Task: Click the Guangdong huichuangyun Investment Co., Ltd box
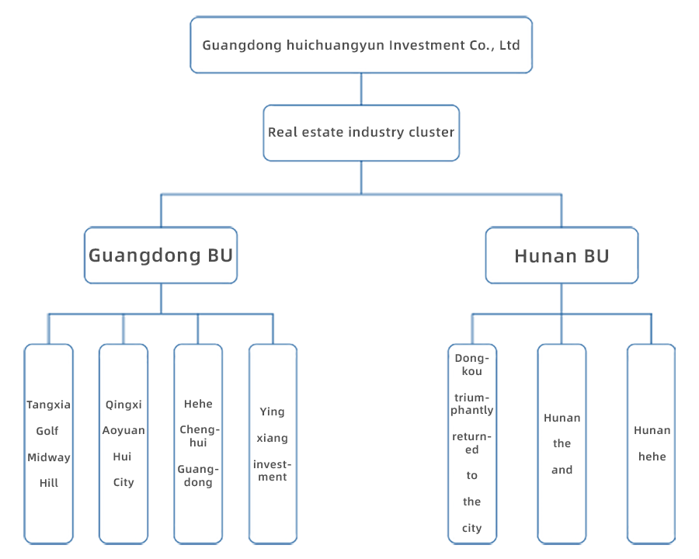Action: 361,44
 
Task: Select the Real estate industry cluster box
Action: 361,133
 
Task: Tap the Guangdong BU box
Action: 161,255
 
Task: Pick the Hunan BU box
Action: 562,255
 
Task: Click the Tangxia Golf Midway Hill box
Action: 49,444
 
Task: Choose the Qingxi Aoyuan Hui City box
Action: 123,444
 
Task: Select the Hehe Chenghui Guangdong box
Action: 198,444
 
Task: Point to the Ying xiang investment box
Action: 273,444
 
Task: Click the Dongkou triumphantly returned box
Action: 472,444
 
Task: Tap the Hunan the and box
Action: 562,444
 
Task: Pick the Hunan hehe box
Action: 652,444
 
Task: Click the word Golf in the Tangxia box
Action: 47,431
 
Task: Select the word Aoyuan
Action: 123,431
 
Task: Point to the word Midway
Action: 49,457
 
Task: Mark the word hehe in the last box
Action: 652,457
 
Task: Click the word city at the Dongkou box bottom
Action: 472,528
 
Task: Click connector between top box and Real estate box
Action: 361,89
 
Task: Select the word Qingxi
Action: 123,404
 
